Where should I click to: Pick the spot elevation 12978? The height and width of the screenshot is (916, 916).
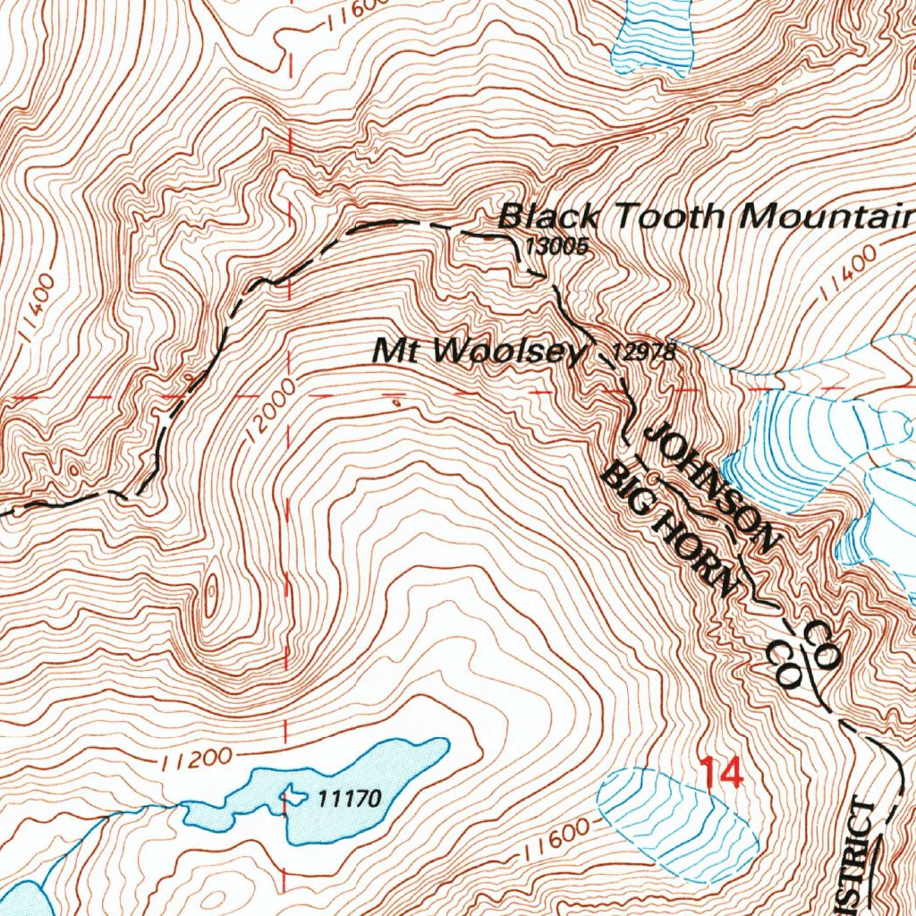pyautogui.click(x=643, y=352)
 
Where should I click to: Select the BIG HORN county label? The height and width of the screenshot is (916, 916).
pyautogui.click(x=670, y=529)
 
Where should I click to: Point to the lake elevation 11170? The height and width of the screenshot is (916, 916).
pyautogui.click(x=350, y=797)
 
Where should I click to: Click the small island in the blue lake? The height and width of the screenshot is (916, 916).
pyautogui.click(x=292, y=793)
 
